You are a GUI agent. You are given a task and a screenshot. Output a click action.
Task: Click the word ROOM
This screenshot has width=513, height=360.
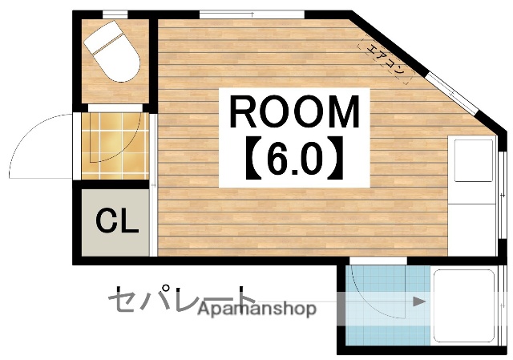[294, 112]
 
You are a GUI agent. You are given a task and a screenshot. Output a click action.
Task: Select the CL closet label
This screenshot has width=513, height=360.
[117, 221]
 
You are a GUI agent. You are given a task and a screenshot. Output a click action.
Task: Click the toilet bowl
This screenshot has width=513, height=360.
[117, 61]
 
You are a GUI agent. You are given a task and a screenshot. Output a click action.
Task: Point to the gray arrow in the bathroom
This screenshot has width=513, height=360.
[418, 301]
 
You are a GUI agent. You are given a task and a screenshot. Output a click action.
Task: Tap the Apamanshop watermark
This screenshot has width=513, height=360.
[257, 309]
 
